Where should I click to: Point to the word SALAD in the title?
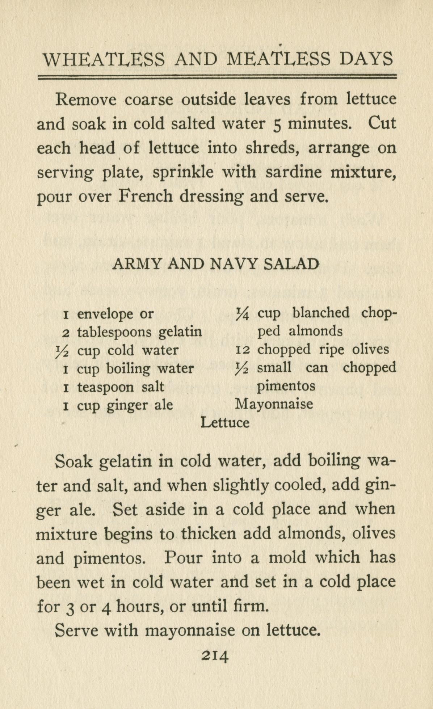(x=291, y=264)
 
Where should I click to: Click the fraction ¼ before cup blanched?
(x=242, y=314)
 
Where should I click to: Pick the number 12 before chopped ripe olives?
(x=242, y=350)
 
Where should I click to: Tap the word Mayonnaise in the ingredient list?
(x=274, y=404)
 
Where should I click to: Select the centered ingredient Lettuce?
(x=225, y=422)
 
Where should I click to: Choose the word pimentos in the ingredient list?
(x=286, y=386)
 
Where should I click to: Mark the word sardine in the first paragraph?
(x=293, y=172)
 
